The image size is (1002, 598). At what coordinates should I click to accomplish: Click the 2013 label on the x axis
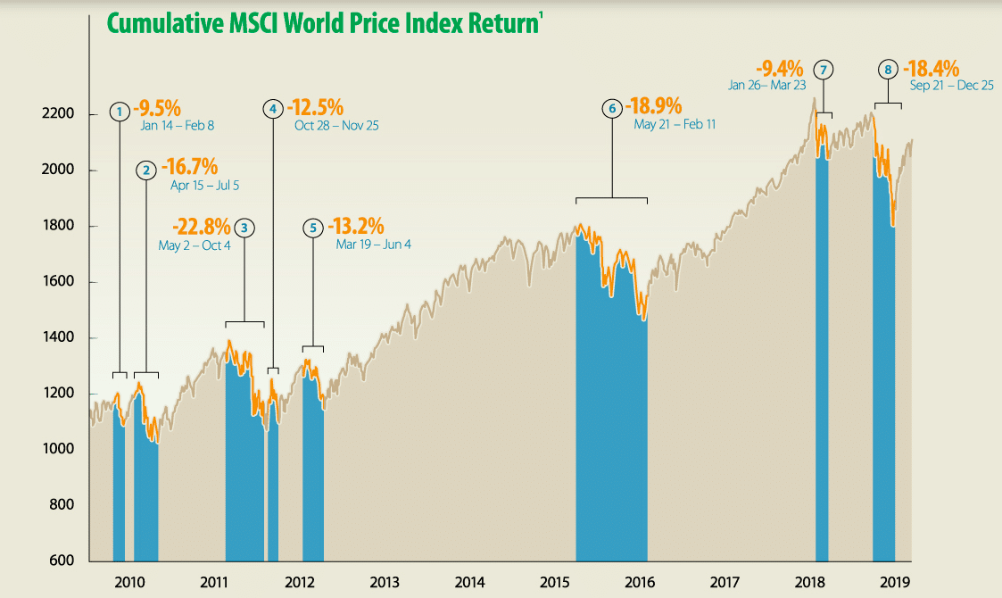click(x=385, y=582)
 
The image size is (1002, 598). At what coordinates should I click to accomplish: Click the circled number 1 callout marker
click(x=120, y=111)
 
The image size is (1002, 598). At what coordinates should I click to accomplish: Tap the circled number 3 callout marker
click(x=245, y=227)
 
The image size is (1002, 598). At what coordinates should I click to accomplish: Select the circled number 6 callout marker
click(x=612, y=109)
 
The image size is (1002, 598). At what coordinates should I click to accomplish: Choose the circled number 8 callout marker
click(x=888, y=69)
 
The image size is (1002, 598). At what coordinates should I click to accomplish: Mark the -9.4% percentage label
click(x=780, y=68)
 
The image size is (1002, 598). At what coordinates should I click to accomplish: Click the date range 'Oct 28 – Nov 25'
click(x=336, y=126)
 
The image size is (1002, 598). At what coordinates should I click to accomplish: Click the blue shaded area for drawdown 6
click(x=611, y=428)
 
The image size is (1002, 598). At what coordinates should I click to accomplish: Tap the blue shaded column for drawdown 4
click(x=273, y=491)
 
